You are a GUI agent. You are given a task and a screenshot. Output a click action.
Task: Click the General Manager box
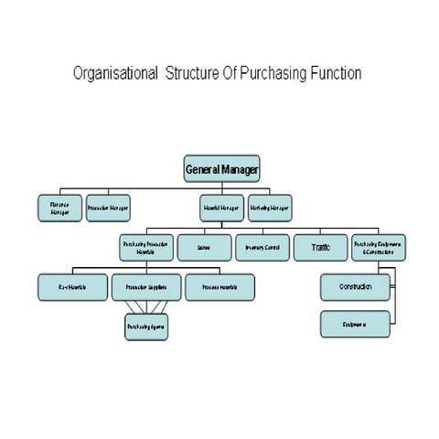click(222, 169)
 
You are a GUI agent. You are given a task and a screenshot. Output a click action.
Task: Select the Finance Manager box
click(59, 209)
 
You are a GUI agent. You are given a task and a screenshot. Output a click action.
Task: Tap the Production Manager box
click(108, 209)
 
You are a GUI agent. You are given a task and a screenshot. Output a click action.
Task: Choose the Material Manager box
click(222, 209)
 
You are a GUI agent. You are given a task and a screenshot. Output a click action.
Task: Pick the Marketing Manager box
click(270, 209)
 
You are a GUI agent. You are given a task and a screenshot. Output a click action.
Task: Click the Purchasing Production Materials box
click(145, 247)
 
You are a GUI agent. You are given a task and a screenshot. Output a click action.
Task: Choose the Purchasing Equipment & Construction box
click(379, 247)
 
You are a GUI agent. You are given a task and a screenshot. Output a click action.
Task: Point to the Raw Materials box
click(72, 287)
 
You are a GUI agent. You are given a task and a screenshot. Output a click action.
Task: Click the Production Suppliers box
click(146, 287)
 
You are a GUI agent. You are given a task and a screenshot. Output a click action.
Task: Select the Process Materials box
click(219, 287)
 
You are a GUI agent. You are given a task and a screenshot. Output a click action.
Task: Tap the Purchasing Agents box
click(146, 326)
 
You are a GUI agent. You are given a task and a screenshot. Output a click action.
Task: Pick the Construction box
click(355, 287)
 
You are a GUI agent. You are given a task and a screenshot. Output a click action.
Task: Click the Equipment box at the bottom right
click(355, 324)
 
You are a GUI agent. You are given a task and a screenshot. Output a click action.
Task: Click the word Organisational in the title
click(113, 73)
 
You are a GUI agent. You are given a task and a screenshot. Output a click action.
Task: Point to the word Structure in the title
click(194, 73)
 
